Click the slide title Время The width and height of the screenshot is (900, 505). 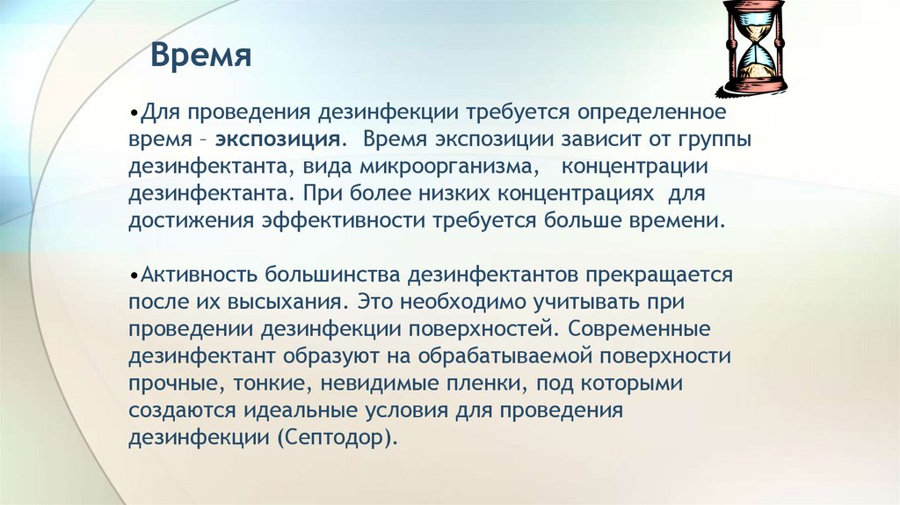click(200, 56)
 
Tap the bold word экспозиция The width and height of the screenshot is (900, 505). click(279, 141)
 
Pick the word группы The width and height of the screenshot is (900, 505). click(713, 141)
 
